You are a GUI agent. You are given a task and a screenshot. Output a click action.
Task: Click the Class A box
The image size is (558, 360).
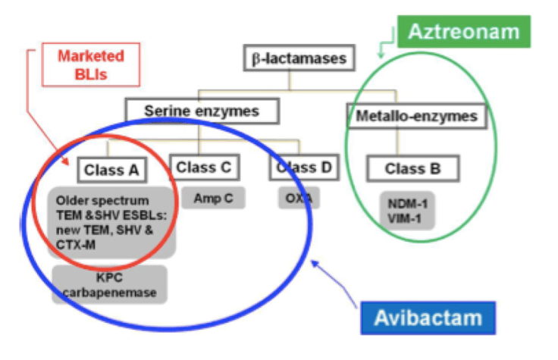coord(112,171)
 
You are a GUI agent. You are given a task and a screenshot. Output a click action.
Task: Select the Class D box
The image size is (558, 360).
coord(303,167)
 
